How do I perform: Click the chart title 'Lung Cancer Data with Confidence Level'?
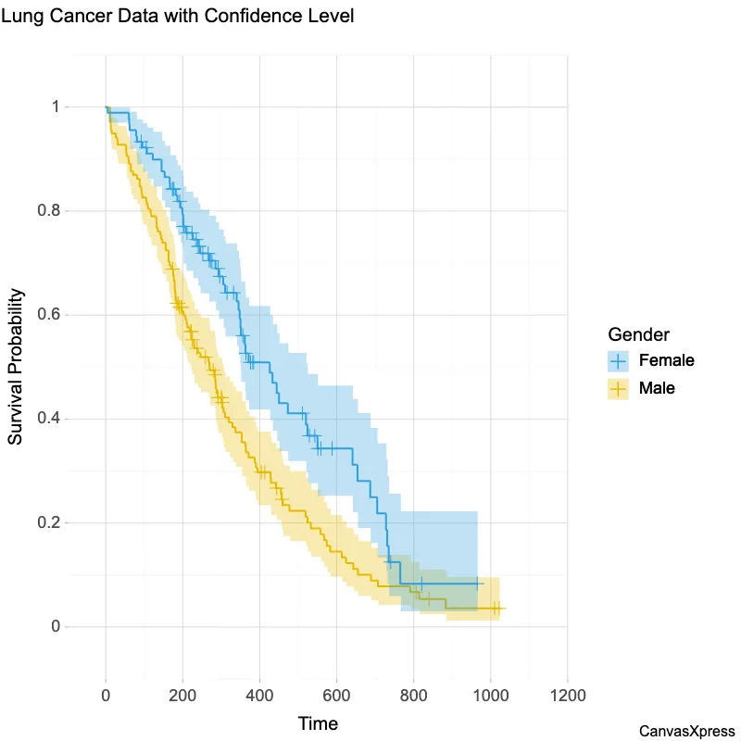(x=178, y=17)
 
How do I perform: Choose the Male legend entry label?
(x=657, y=388)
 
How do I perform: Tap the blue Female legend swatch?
(x=619, y=359)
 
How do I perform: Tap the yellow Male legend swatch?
(x=619, y=388)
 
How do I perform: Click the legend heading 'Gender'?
(x=638, y=333)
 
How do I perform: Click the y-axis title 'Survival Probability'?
(x=16, y=367)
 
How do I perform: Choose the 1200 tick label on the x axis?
(x=567, y=695)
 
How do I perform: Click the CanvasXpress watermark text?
(x=687, y=732)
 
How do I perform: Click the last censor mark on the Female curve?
(x=477, y=584)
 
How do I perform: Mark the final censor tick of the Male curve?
(x=498, y=609)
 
